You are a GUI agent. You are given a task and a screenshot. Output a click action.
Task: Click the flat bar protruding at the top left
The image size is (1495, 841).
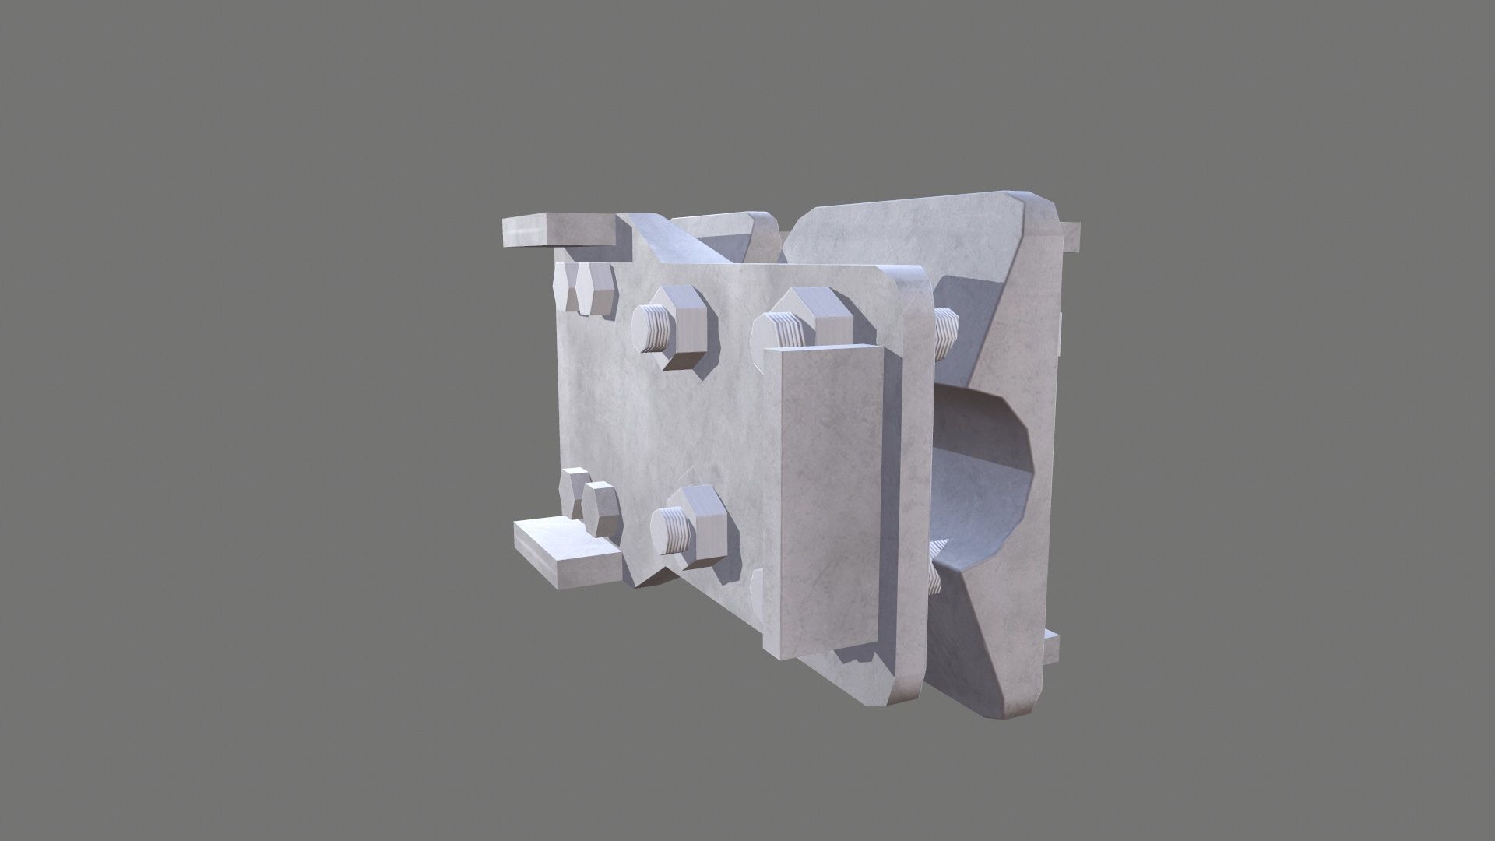tap(559, 230)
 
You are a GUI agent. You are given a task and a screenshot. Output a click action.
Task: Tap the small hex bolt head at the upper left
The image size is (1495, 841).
tap(596, 289)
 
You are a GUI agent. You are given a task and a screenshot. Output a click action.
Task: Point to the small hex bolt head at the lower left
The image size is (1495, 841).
tap(601, 508)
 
